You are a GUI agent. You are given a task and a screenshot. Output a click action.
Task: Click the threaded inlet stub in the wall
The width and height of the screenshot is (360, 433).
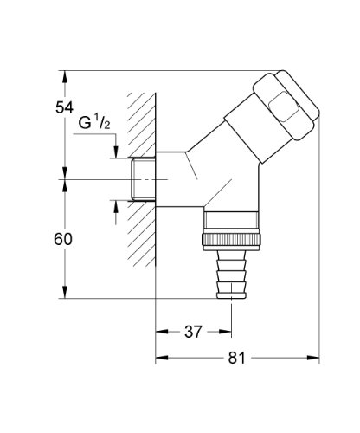click(x=141, y=180)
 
